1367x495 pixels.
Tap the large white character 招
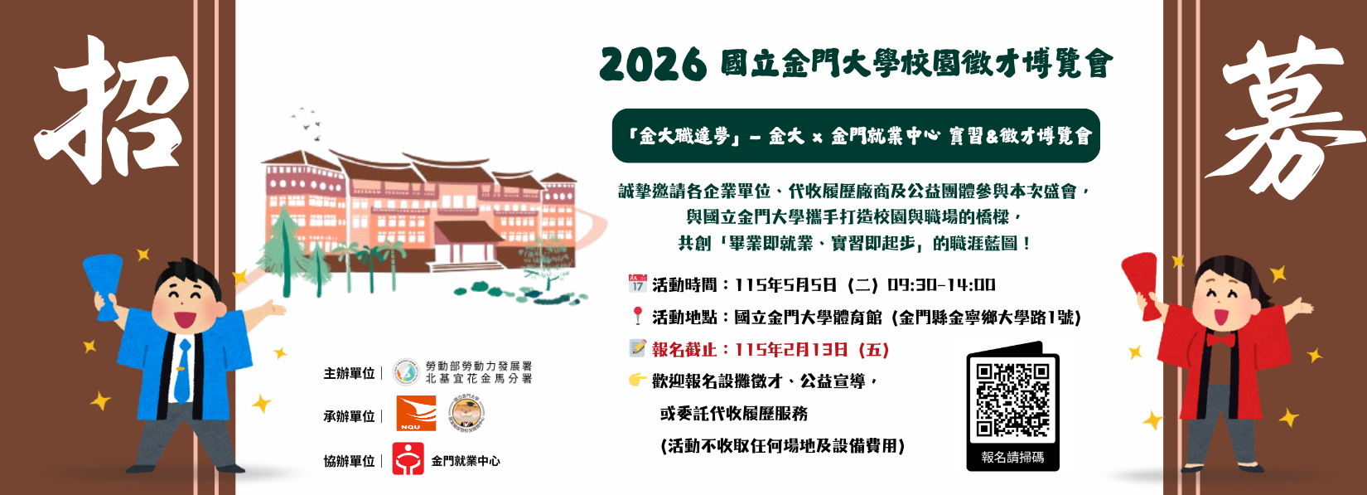[x=116, y=108]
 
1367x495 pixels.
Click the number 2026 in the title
[x=653, y=64]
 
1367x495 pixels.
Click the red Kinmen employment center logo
[x=408, y=459]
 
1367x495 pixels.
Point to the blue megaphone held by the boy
[x=104, y=283]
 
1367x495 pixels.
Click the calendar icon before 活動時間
[x=637, y=284]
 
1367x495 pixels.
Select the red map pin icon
[x=637, y=316]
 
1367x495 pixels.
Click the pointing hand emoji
[x=637, y=380]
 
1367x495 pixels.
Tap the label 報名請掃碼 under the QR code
[x=1012, y=457]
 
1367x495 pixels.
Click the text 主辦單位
[x=349, y=373]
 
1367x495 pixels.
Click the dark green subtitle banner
[x=856, y=136]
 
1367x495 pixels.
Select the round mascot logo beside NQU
[x=466, y=413]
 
